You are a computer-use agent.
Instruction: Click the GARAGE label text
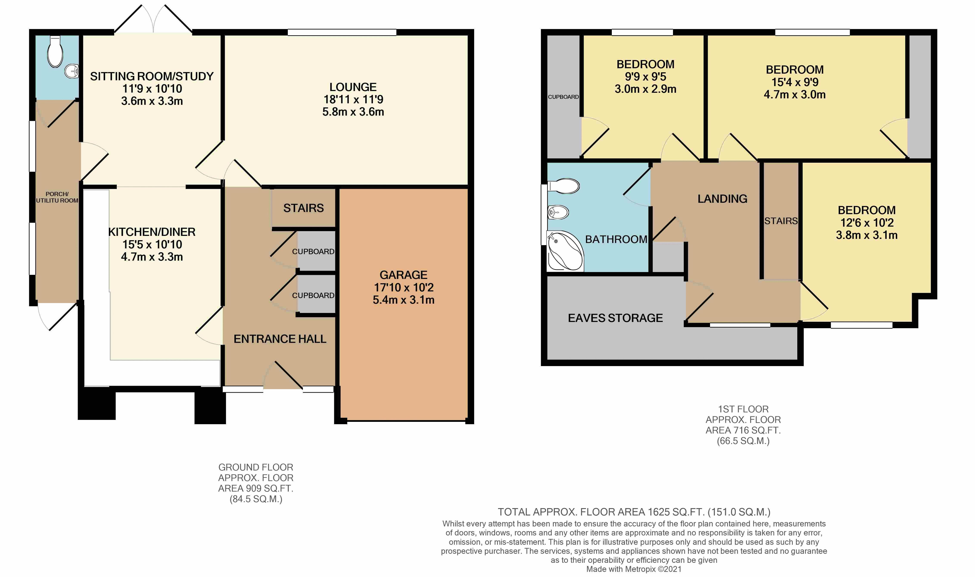click(x=403, y=275)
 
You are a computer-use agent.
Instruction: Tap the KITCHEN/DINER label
click(x=152, y=232)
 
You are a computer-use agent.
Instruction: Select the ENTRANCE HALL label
click(x=280, y=339)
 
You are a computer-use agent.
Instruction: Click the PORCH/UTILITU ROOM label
click(x=57, y=197)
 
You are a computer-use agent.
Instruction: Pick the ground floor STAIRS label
click(x=304, y=208)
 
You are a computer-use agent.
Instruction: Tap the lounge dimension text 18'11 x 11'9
click(x=353, y=99)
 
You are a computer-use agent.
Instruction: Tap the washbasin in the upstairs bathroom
click(x=558, y=212)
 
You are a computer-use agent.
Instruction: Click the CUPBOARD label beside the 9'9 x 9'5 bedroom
click(x=563, y=97)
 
